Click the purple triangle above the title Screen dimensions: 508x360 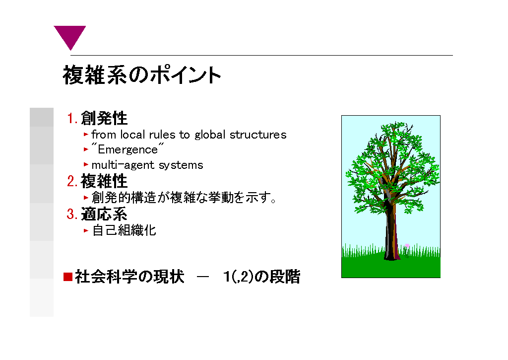(x=69, y=36)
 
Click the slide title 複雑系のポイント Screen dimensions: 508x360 (x=142, y=75)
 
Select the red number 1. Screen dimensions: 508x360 (x=72, y=118)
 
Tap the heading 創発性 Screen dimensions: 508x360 (x=104, y=118)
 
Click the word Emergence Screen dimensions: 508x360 (x=127, y=149)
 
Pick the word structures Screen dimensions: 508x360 (x=258, y=135)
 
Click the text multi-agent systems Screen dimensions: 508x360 (x=147, y=165)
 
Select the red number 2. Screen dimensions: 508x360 (x=72, y=181)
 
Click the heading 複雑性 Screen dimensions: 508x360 (x=104, y=181)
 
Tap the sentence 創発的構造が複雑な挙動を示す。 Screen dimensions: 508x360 (x=184, y=197)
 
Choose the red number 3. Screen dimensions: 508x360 (x=72, y=214)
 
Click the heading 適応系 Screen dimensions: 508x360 (x=104, y=214)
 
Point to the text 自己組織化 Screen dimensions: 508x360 (x=124, y=230)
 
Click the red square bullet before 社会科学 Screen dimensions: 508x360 (x=67, y=277)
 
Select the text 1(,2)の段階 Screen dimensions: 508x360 (x=262, y=277)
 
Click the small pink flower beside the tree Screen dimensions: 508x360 (x=407, y=246)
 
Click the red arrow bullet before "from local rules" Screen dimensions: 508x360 (x=86, y=134)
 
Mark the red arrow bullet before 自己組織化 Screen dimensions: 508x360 (x=86, y=230)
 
